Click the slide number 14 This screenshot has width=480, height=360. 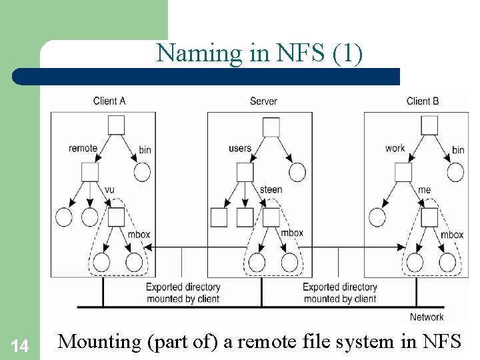tap(20, 346)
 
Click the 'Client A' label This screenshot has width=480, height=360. tap(109, 101)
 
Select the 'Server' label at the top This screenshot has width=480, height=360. tap(263, 101)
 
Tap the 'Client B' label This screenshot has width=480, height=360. tap(423, 101)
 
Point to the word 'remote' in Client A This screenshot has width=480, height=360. tap(83, 148)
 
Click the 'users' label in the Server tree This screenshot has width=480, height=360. tap(240, 148)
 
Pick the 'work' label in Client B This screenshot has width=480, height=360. tap(395, 148)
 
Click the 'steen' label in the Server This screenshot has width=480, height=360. tap(271, 190)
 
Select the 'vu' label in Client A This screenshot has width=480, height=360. tap(109, 190)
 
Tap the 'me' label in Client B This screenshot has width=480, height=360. tap(424, 190)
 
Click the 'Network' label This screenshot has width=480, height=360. tap(427, 317)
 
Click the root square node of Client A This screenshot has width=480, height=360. tap(116, 125)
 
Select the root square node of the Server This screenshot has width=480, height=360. tap(271, 126)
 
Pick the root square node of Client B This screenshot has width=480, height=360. tap(429, 125)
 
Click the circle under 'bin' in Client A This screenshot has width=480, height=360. tap(143, 172)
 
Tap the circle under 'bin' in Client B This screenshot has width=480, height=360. tap(455, 172)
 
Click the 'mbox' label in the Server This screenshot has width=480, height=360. tap(291, 233)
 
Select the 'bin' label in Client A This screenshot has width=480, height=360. tap(145, 150)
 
